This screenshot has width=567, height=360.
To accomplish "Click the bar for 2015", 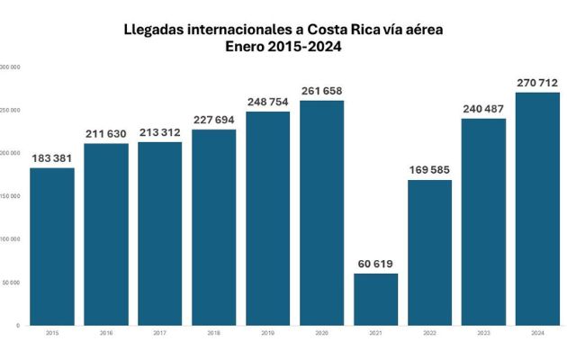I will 51,246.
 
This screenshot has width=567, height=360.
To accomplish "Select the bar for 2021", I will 375,299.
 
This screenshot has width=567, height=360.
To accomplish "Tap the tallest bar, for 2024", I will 537,208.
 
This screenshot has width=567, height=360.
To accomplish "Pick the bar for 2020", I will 321,212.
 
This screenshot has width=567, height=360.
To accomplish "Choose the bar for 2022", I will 429,252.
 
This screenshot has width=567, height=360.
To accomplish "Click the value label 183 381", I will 51,158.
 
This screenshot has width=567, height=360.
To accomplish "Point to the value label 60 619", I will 375,264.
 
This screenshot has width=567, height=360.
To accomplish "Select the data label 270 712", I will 537,83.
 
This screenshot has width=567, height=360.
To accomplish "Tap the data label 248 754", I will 267,102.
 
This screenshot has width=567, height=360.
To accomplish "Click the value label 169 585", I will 429,170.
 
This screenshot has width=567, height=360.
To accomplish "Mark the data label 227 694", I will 213,120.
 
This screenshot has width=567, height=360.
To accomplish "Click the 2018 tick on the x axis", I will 213,333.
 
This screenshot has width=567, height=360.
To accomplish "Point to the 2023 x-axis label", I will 483,333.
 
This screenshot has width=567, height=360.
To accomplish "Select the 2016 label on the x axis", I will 105,333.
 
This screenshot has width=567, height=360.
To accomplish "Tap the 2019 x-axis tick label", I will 267,333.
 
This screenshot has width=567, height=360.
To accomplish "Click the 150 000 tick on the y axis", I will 10,196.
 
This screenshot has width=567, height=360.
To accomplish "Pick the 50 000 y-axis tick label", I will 12,283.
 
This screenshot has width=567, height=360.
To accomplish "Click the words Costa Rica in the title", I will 337,30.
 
